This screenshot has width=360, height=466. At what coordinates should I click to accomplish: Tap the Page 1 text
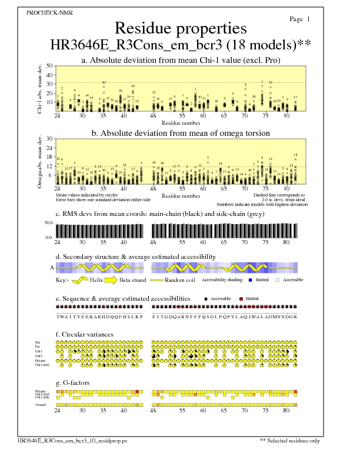pos(300,19)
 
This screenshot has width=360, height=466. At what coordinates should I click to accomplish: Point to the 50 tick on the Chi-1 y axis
pos(49,66)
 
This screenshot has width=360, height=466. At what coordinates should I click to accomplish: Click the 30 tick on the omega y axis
pos(49,139)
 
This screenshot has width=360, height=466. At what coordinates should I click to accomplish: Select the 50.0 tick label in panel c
pos(49,223)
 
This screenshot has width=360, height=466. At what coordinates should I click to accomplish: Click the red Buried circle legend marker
pos(241,299)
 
